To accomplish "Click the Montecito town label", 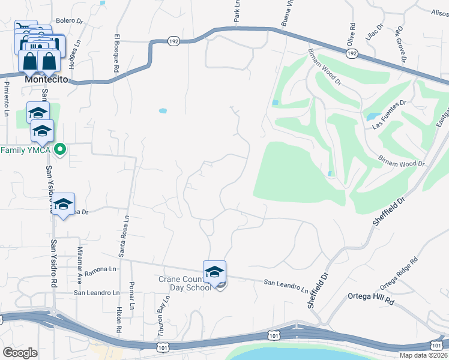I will tap(46, 79).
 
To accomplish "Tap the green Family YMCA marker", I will tap(60, 149).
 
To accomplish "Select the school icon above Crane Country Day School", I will tap(214, 272).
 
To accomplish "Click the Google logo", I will tap(20, 353).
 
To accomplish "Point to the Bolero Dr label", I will tap(69, 21).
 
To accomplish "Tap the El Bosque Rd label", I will tap(116, 56).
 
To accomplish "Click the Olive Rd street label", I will tap(352, 34).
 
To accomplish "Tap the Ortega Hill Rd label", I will tap(371, 299).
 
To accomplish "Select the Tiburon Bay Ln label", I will tap(161, 311).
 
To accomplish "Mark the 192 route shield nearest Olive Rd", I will tap(353, 54).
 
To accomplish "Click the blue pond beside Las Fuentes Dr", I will tap(372, 116).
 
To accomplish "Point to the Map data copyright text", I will tap(424, 355).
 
